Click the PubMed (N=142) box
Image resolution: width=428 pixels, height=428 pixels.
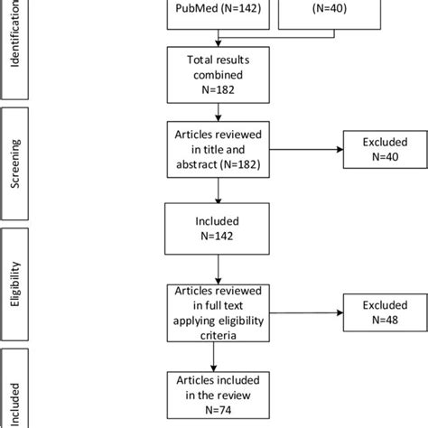[x=217, y=14]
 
